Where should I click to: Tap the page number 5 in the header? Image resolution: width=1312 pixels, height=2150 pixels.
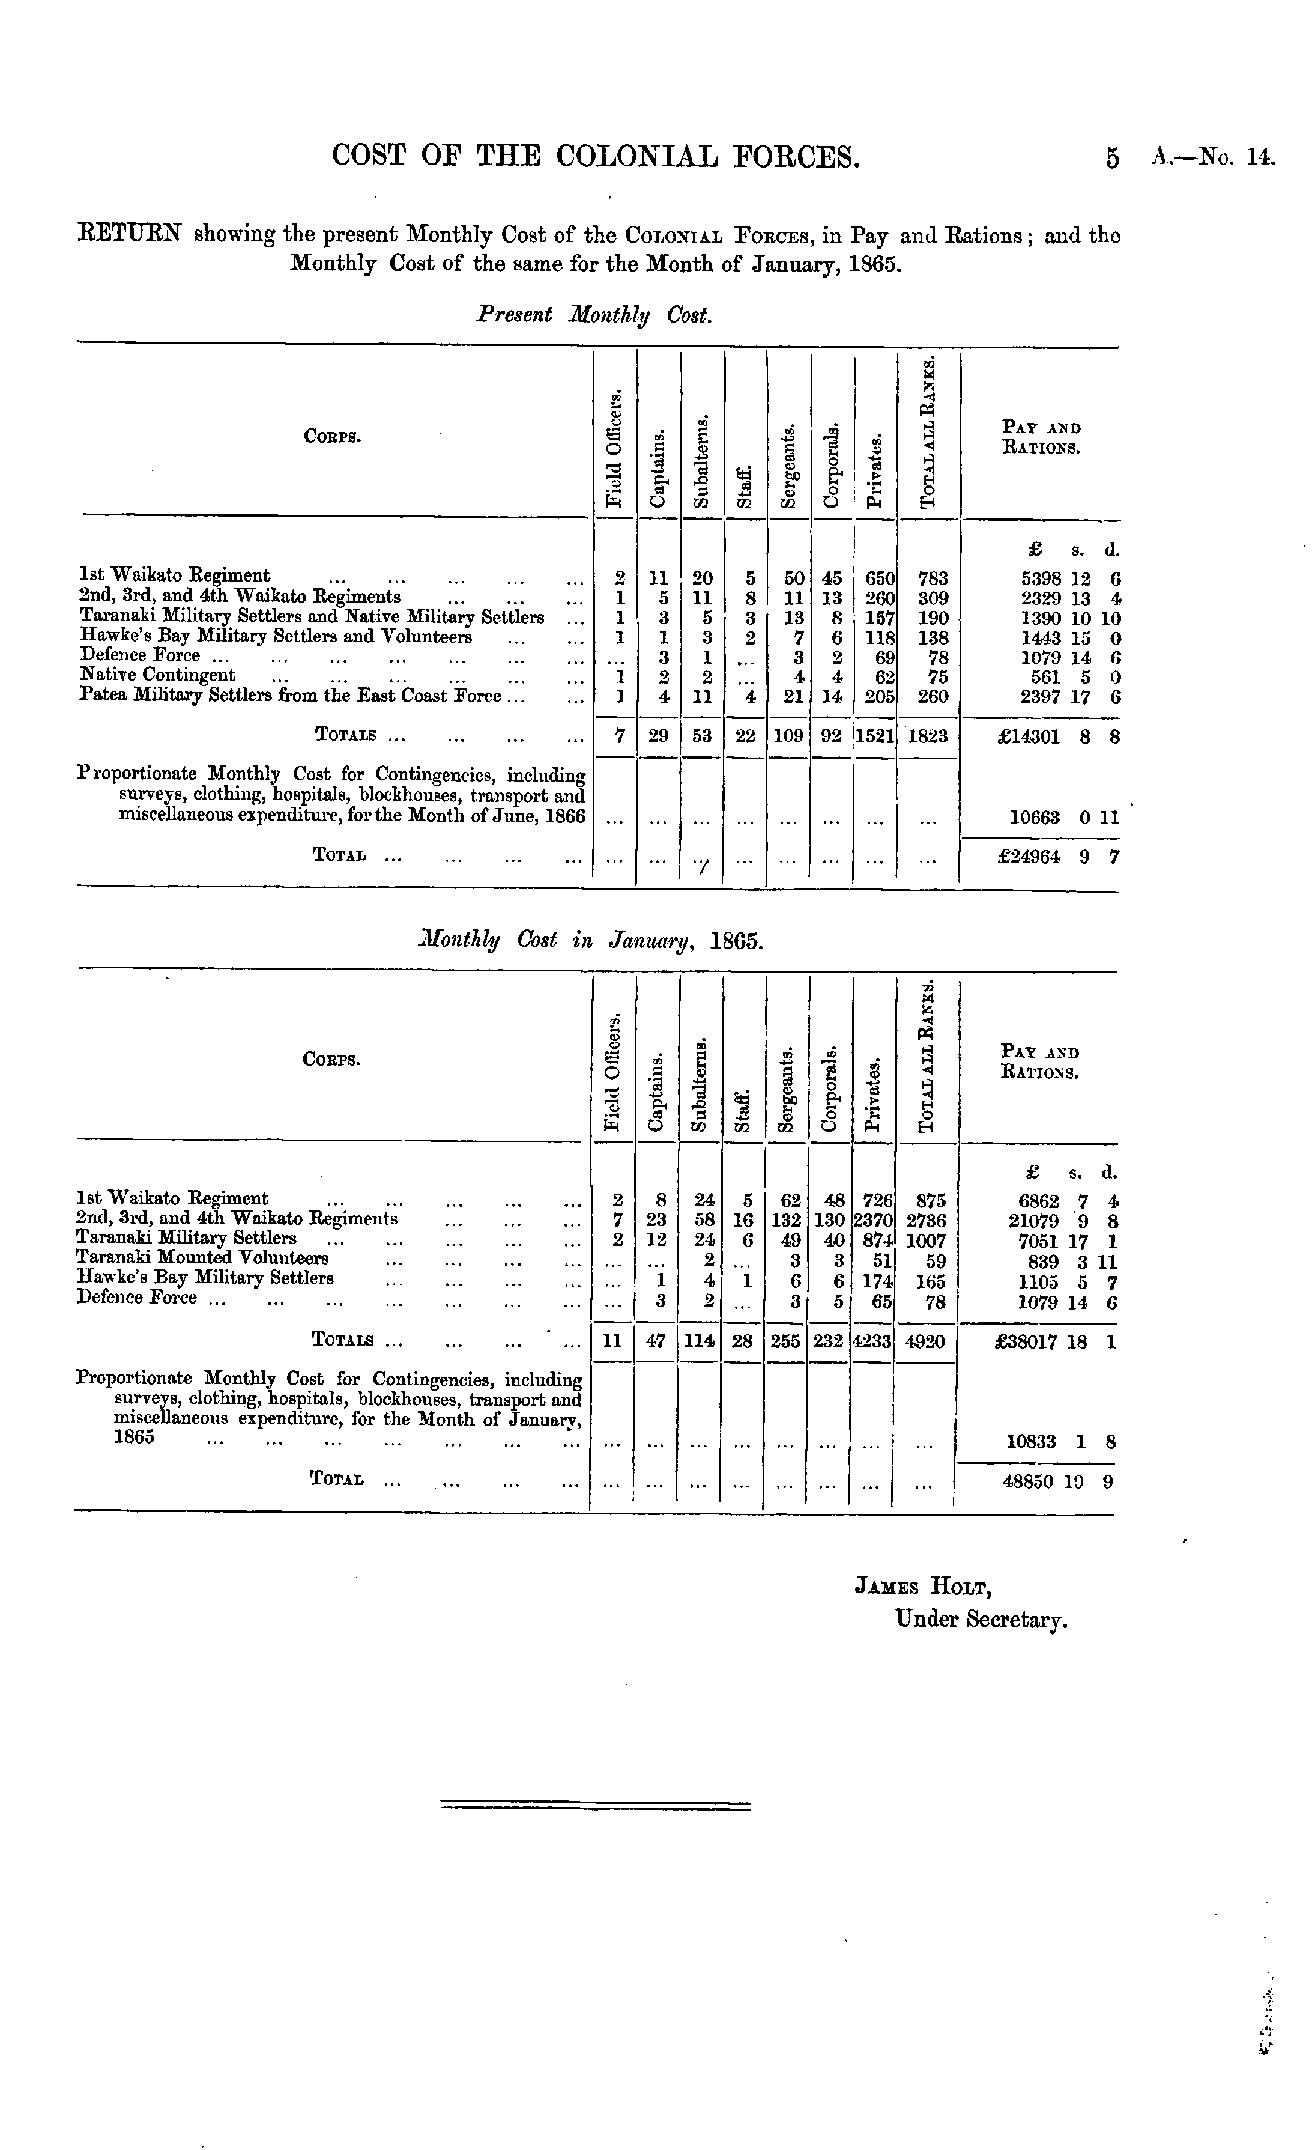[x=1111, y=158]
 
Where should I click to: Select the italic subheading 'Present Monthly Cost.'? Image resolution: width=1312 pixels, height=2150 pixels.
[x=594, y=315]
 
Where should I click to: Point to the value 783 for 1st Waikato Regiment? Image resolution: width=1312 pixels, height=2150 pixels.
[x=933, y=578]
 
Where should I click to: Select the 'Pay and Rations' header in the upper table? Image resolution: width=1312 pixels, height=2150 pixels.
[x=1042, y=438]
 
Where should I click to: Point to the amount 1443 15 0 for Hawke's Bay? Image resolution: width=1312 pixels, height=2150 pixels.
[x=1071, y=637]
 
